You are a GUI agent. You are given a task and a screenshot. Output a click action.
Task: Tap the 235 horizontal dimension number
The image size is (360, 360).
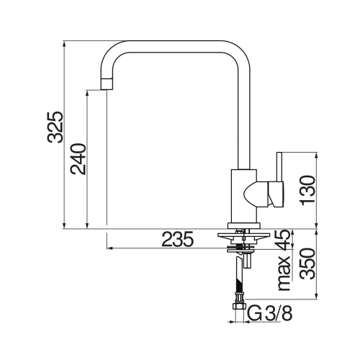pyautogui.click(x=178, y=240)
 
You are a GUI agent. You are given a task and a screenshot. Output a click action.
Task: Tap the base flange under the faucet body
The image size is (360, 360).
pyautogui.click(x=242, y=225)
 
